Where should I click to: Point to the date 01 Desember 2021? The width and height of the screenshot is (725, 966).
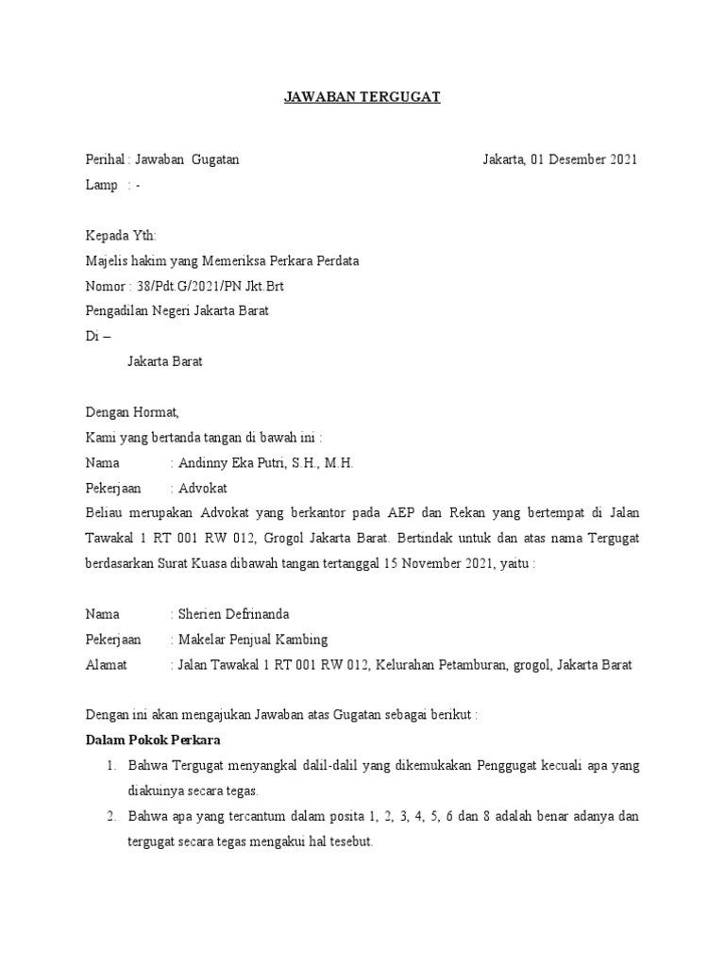584,159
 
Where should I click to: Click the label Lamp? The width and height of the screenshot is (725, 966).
101,185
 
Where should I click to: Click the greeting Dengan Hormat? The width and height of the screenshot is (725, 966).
131,412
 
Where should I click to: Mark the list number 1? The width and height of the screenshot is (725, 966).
110,766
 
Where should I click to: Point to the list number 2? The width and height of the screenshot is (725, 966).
110,816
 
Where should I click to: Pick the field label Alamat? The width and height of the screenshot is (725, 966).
106,665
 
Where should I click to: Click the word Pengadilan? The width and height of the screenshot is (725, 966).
119,311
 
